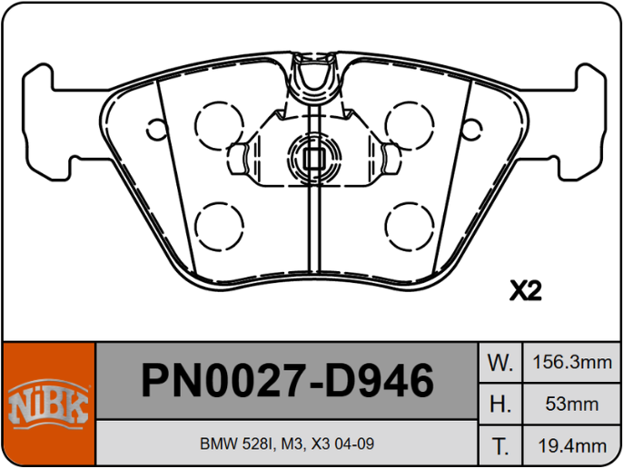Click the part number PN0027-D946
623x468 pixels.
(287, 381)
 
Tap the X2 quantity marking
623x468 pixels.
(525, 291)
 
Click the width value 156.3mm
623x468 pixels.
(570, 363)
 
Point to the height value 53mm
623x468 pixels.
(570, 405)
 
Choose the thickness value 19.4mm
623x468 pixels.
(570, 445)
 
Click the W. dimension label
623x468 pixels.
(500, 363)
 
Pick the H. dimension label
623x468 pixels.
(500, 405)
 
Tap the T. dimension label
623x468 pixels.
(500, 445)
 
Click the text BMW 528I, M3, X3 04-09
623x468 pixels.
(287, 445)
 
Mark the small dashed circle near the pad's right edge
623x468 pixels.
(471, 128)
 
